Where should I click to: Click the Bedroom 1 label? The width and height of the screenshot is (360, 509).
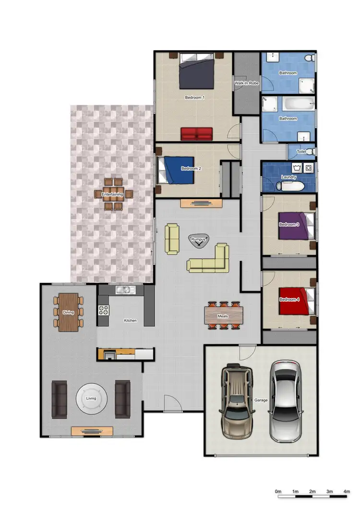point(195,97)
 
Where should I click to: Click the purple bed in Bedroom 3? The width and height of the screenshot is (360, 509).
point(293,225)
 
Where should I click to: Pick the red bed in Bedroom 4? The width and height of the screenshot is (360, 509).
point(293,301)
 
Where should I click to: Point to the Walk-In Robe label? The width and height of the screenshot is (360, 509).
point(246,83)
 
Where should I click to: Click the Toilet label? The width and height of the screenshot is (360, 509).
point(301,152)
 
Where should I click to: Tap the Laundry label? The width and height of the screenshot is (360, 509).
point(288,177)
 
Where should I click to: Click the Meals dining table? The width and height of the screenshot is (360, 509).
point(222,316)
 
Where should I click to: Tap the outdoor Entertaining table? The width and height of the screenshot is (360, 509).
point(112,194)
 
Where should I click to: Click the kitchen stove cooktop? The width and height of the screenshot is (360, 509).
point(103,310)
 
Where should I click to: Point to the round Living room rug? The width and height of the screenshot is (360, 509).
point(91,399)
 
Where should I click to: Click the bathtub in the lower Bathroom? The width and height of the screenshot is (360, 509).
point(295,104)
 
